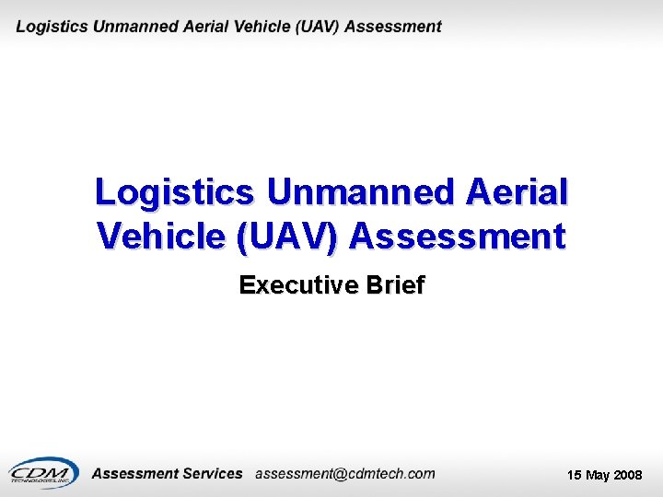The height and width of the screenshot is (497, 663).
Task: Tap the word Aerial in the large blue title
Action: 518,192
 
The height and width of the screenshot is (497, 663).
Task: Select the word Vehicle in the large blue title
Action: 161,237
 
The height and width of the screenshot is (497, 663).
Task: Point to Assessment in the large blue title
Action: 458,237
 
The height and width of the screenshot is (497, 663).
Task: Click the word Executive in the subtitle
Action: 298,285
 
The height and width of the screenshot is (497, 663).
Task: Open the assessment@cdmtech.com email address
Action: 344,474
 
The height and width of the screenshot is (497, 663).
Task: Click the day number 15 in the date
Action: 574,476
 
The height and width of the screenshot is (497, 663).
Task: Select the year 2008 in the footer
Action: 629,476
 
